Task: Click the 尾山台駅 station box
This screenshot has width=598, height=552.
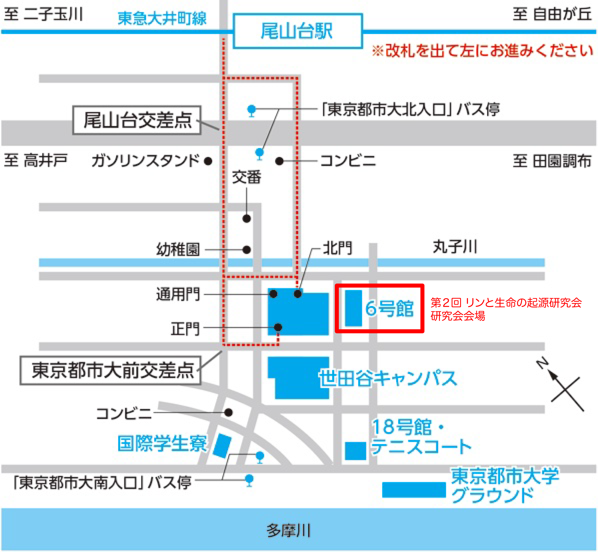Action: click(x=298, y=31)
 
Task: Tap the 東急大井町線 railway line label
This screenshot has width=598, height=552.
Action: click(x=162, y=18)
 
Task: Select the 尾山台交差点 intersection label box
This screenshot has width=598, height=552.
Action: click(x=137, y=120)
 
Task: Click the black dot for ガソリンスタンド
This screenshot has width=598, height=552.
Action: click(x=208, y=161)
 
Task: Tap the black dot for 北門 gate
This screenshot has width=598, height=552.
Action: click(x=298, y=294)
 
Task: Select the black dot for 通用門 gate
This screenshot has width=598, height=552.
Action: click(x=273, y=294)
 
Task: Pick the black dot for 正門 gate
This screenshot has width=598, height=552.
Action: click(x=278, y=327)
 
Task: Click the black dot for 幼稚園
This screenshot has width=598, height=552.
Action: click(x=246, y=250)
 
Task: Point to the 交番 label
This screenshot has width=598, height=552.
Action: click(x=246, y=177)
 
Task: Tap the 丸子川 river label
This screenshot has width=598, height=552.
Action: click(x=455, y=247)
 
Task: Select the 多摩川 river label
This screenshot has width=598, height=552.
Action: click(x=288, y=530)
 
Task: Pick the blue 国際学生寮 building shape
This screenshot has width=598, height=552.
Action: click(x=222, y=446)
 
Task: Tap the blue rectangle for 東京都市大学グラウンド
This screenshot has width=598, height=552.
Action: click(x=414, y=490)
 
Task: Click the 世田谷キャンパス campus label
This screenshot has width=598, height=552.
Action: click(x=388, y=378)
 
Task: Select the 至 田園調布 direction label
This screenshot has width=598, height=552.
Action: click(x=552, y=161)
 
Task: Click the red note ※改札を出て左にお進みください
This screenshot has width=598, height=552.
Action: click(x=482, y=51)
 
